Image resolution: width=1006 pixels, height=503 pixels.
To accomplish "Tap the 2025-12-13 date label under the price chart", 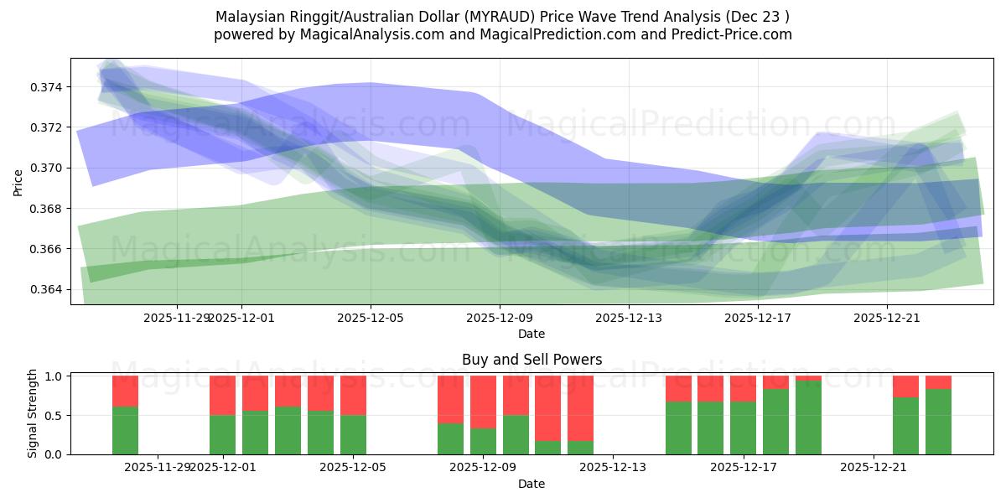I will point(629,318).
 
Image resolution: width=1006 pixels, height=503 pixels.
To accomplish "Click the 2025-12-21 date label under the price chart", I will point(887,318).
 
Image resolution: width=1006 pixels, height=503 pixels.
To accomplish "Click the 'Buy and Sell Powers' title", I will point(532,360).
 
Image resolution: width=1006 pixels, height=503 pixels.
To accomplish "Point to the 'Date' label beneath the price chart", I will point(532,334).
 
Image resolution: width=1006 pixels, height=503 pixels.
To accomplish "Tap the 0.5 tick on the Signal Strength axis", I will point(53,415).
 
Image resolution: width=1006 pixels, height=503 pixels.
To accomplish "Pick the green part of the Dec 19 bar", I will point(808,417).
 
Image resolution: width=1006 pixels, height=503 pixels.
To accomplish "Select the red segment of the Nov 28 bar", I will point(125,391).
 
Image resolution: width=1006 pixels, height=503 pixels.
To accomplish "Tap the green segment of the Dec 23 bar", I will point(938,422).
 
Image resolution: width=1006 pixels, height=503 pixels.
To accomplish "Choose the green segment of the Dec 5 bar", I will point(353,434).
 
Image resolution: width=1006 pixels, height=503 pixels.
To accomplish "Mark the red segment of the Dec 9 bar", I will point(483,402).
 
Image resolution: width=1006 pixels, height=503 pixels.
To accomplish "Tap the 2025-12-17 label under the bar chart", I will point(744,468).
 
